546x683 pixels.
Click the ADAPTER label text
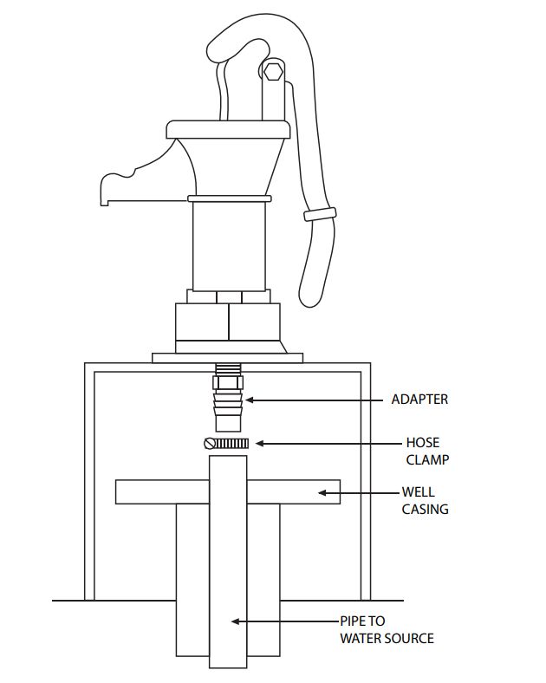point(419,400)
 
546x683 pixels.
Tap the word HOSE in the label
point(422,442)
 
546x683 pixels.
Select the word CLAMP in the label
point(427,459)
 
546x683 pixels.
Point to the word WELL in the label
point(418,491)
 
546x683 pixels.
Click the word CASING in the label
point(425,509)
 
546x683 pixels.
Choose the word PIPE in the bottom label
point(354,621)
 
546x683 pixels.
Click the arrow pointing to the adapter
point(312,400)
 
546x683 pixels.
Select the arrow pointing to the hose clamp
point(321,443)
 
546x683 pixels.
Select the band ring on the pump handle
point(319,214)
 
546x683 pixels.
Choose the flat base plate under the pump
point(227,357)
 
